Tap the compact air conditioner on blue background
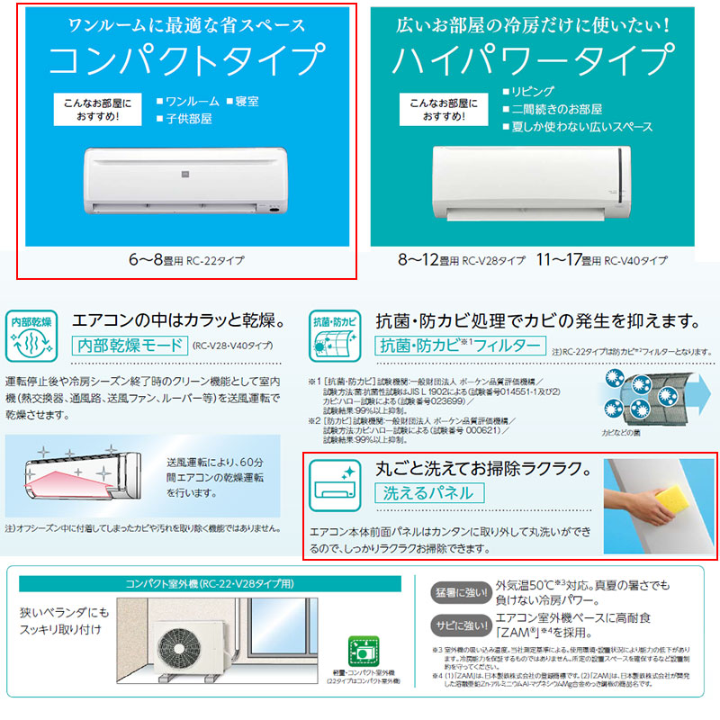(185, 180)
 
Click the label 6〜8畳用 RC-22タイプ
(186, 261)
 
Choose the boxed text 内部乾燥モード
(130, 345)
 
